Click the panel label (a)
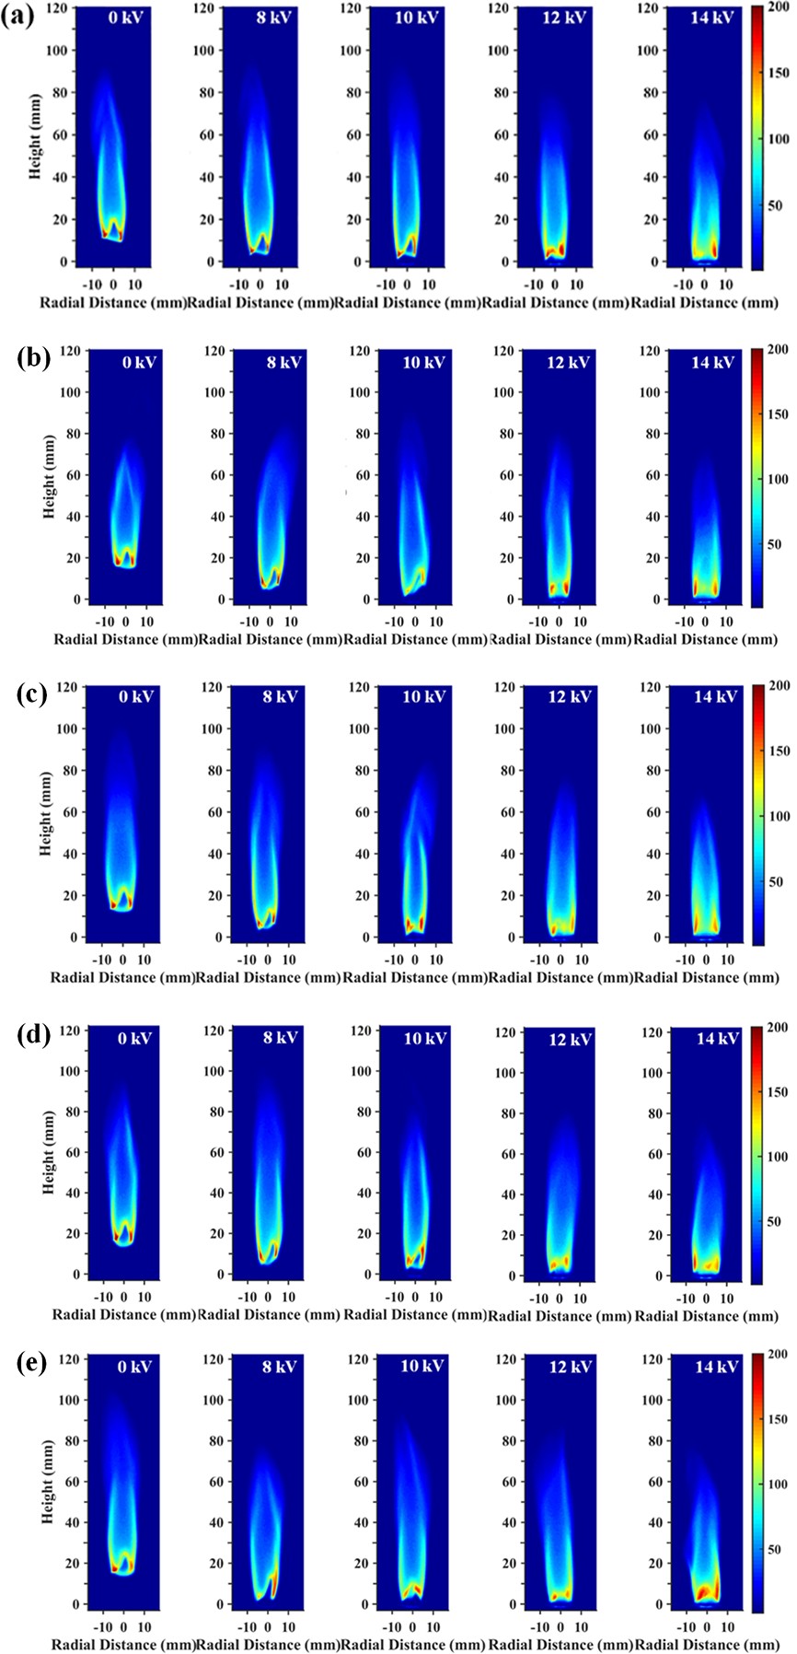coord(19,17)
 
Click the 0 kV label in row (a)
coord(124,18)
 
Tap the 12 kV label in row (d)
coord(571,1040)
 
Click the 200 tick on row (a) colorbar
coord(778,8)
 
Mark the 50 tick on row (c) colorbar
coord(774,881)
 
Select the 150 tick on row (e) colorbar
coord(778,1419)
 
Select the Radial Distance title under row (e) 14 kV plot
coord(706,1644)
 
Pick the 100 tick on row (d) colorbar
coord(778,1157)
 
